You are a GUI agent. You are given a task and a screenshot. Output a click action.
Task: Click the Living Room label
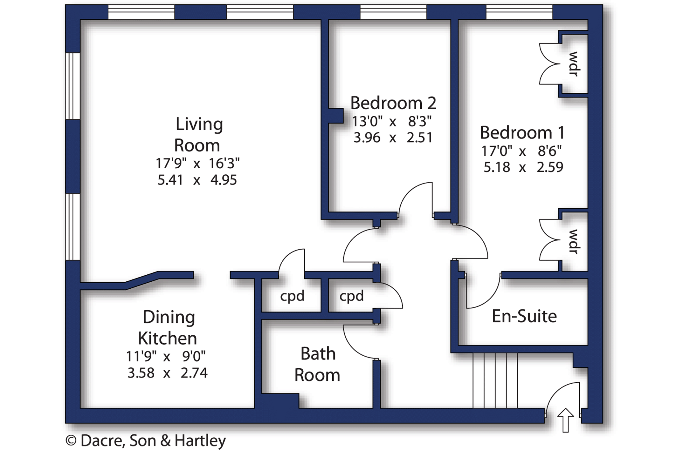pos(198,135)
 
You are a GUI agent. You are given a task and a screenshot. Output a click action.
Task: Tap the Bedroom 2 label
pos(393,103)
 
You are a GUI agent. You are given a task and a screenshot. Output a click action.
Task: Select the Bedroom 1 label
pos(522,132)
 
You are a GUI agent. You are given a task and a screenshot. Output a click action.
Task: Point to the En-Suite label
pos(524,316)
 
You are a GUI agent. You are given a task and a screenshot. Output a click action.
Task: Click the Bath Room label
pos(317,364)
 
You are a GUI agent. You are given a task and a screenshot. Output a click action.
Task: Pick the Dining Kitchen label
pos(168,327)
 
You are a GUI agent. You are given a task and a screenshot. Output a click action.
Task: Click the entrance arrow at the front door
pos(565,420)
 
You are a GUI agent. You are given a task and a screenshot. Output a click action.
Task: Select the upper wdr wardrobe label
pos(573,64)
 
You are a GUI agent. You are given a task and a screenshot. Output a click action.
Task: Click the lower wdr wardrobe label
pos(573,242)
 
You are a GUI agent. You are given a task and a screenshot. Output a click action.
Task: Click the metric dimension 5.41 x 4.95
pos(197,180)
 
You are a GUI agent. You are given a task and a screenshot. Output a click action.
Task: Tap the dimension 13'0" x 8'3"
pos(392,121)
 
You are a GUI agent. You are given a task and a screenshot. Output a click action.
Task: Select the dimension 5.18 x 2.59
pos(523,167)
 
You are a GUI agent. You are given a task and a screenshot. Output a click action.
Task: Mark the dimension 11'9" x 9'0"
pos(166,356)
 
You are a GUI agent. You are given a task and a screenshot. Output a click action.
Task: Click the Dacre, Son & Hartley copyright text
pos(146,440)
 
